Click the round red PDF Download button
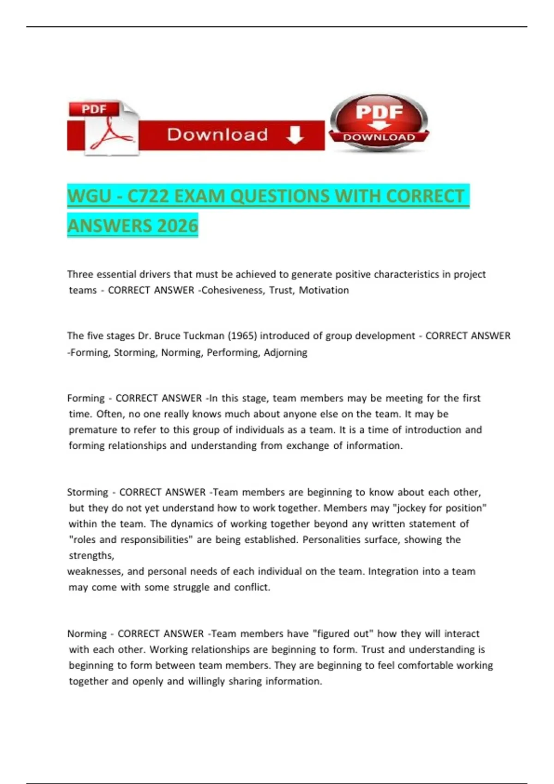point(379,123)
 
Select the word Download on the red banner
point(217,135)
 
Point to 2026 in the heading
point(178,226)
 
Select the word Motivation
point(324,290)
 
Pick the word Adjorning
point(285,352)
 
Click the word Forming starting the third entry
point(86,398)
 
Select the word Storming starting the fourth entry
point(88,492)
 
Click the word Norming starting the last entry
point(87,634)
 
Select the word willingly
point(206,681)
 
